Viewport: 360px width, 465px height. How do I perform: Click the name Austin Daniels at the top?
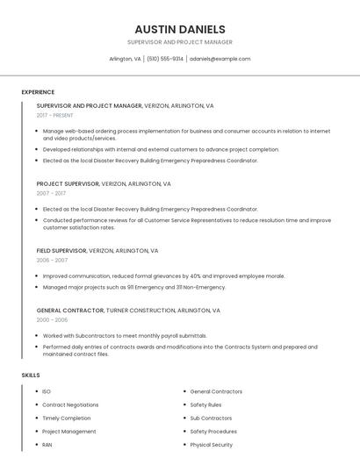[180, 29]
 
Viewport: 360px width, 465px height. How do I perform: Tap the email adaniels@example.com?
[220, 59]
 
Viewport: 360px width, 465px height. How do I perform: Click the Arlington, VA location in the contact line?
[125, 59]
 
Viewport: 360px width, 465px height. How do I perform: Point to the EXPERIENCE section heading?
[38, 92]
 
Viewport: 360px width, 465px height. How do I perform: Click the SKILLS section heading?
[31, 376]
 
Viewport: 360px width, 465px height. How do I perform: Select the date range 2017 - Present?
[54, 116]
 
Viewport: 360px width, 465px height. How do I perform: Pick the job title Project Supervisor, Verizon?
[104, 184]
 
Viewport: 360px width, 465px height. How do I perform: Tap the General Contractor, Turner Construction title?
[128, 311]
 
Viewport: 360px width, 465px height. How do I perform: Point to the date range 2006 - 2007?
[52, 261]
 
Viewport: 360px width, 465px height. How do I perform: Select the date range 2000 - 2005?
[52, 320]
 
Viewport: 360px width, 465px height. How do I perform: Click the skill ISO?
[47, 391]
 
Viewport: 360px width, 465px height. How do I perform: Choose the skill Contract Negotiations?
[70, 404]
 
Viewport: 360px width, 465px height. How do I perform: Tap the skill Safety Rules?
[205, 404]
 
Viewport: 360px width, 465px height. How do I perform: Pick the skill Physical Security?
[211, 445]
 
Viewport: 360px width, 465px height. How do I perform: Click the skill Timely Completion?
[66, 418]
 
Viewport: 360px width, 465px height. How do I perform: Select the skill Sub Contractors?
[211, 418]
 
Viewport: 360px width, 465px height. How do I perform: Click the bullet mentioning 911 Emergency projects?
[134, 287]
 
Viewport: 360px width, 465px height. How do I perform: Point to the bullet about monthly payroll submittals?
[125, 335]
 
